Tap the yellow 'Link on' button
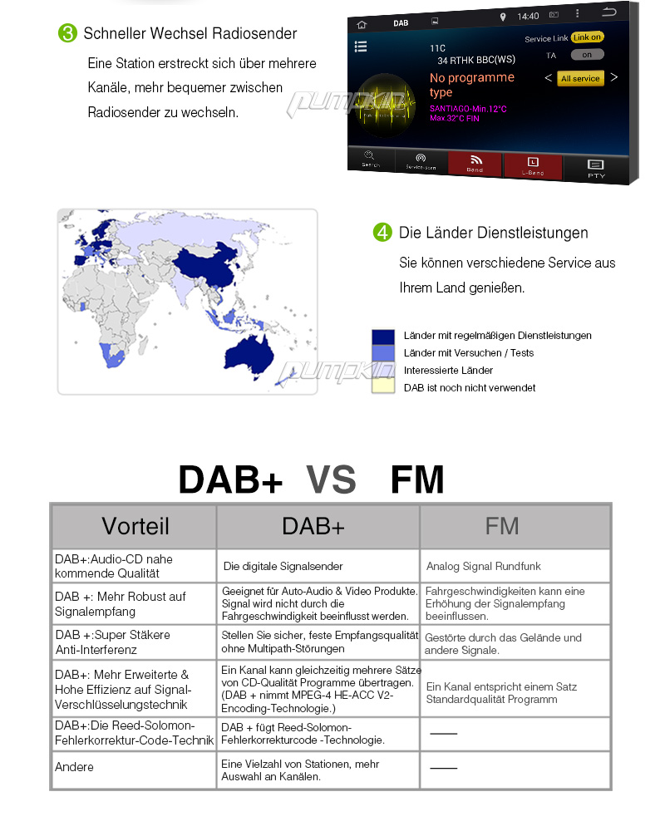pyautogui.click(x=587, y=37)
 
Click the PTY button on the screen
pyautogui.click(x=596, y=168)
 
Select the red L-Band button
pyautogui.click(x=533, y=165)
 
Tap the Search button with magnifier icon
pyautogui.click(x=371, y=159)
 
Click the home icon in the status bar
pyautogui.click(x=362, y=23)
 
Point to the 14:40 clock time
pyautogui.click(x=528, y=16)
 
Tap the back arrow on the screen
pyautogui.click(x=609, y=12)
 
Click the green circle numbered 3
pyautogui.click(x=67, y=33)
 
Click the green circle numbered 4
pyautogui.click(x=382, y=233)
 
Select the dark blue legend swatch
pyautogui.click(x=382, y=337)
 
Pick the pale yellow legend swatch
pyautogui.click(x=382, y=386)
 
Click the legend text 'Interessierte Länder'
pyautogui.click(x=448, y=371)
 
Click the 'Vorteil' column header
pyautogui.click(x=135, y=526)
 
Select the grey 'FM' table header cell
pyautogui.click(x=502, y=526)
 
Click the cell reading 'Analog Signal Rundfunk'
pyautogui.click(x=484, y=566)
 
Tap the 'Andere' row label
pyautogui.click(x=75, y=767)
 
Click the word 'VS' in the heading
pyautogui.click(x=331, y=480)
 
